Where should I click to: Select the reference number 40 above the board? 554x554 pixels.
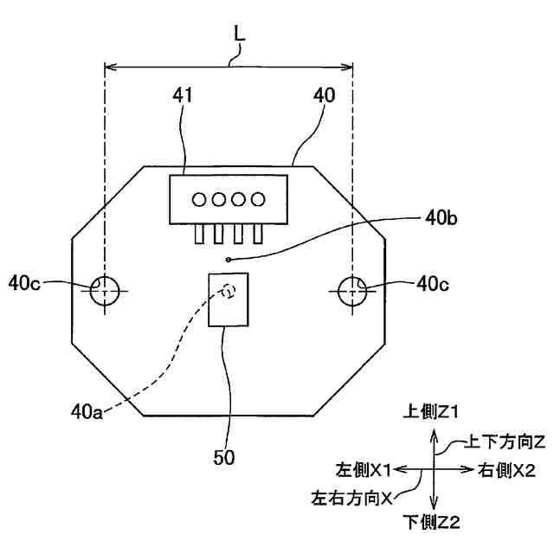(325, 95)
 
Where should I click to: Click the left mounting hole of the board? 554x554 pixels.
(104, 288)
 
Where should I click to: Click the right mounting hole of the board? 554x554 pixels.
(352, 288)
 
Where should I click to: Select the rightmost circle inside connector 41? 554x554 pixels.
(257, 200)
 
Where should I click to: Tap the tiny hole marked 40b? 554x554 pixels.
(228, 259)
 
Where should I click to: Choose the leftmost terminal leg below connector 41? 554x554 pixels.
(200, 234)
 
